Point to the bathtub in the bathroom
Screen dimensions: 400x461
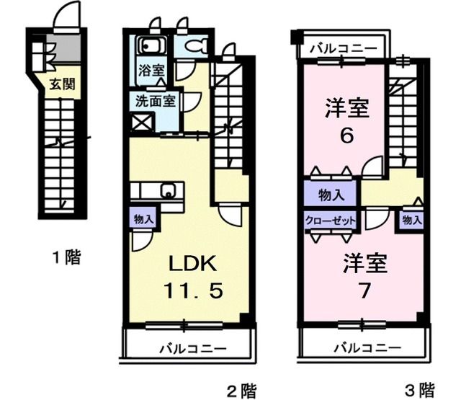(152, 48)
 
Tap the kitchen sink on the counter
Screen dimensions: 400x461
(169, 192)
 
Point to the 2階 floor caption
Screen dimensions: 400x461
(241, 391)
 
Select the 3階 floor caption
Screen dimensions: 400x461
(419, 391)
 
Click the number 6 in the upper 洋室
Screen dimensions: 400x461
(346, 136)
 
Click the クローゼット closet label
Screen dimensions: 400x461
(330, 221)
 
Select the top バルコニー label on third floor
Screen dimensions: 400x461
(343, 50)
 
